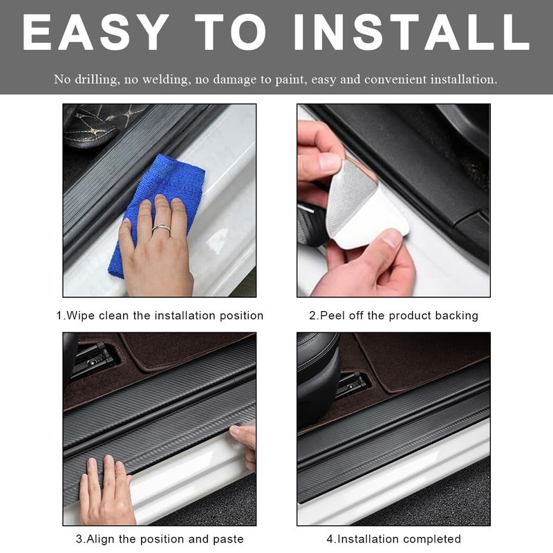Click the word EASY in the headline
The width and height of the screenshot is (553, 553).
click(x=95, y=32)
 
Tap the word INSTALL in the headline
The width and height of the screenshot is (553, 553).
click(x=411, y=32)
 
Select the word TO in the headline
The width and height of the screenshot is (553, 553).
click(x=231, y=32)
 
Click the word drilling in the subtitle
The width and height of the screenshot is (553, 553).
click(x=95, y=79)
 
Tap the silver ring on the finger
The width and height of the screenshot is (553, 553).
click(x=161, y=229)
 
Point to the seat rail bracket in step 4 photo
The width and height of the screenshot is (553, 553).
click(x=353, y=384)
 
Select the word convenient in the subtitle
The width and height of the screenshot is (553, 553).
click(x=395, y=79)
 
